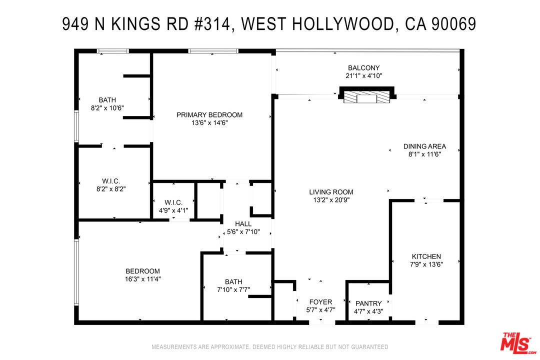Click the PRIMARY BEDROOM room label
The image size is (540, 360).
tap(209, 115)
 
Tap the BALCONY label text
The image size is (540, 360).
tap(363, 68)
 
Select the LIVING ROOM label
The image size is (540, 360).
tap(331, 192)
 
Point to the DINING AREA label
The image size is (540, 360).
tap(424, 146)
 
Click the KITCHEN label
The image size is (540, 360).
tap(426, 256)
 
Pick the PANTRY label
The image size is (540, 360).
tap(368, 303)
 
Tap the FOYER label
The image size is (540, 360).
tap(320, 302)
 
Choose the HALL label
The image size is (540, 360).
tap(243, 223)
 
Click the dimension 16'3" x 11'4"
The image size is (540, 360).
tap(143, 279)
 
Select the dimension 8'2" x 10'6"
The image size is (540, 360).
tap(107, 108)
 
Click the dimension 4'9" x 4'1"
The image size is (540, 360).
tap(173, 210)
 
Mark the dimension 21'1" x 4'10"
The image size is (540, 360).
tap(363, 76)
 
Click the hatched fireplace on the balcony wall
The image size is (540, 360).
tap(367, 97)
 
